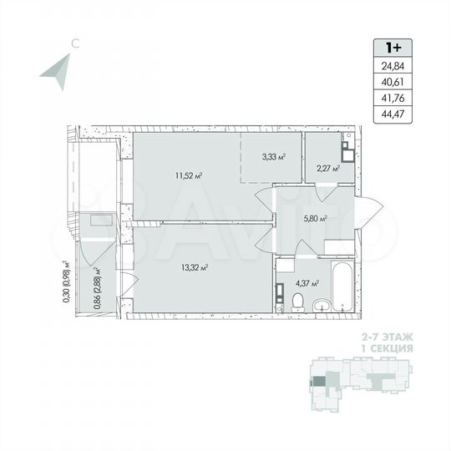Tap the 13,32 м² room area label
(193, 268)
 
